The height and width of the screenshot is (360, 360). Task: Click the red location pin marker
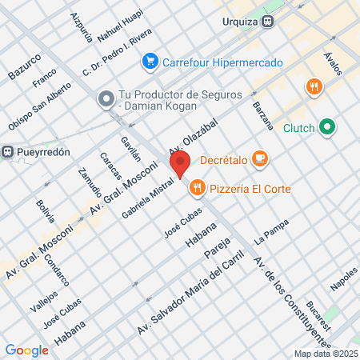179,164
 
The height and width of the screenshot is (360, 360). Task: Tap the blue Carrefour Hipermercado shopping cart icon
150,62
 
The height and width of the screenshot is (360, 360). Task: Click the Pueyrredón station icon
8,151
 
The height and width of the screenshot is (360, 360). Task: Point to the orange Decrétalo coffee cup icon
259,158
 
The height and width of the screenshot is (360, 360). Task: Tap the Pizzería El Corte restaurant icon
197,188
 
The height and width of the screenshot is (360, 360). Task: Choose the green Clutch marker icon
326,126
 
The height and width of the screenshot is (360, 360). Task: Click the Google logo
26,350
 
